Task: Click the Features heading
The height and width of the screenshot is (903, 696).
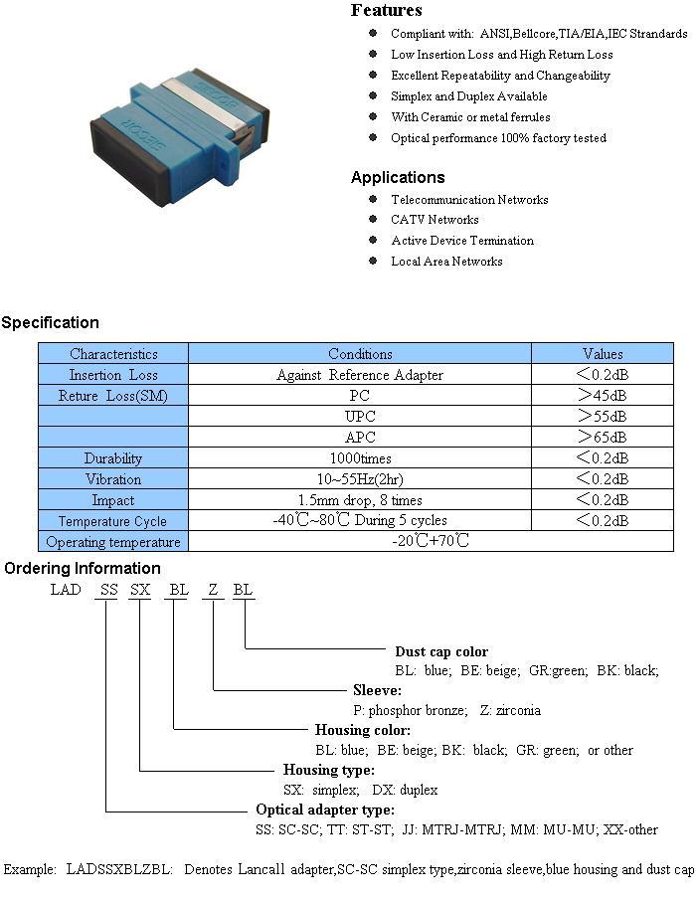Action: point(387,10)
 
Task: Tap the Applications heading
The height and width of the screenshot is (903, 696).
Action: point(398,177)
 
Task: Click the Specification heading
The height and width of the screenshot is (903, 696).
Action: point(50,322)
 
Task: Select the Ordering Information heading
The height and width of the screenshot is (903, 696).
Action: point(83,569)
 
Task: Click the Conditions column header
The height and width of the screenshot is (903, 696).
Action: point(360,354)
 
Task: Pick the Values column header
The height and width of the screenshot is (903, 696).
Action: point(603,354)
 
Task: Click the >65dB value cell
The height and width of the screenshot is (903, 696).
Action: point(603,438)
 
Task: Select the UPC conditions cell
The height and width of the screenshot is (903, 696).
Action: point(360,417)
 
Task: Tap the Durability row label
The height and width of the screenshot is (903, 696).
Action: point(112,458)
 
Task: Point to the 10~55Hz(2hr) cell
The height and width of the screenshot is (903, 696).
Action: point(360,479)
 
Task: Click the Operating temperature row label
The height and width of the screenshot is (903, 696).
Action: point(112,542)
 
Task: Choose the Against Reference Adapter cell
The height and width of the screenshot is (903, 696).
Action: point(360,375)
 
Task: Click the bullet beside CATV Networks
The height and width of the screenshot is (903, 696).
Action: point(373,219)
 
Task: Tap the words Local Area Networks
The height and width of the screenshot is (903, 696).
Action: point(446,262)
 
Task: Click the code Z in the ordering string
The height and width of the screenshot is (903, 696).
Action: point(213,590)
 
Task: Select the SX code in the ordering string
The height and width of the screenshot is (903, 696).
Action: point(140,590)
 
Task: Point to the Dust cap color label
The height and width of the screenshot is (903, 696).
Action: point(441,651)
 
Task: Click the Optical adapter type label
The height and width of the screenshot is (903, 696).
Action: point(325,810)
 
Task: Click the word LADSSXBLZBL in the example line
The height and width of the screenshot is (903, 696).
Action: point(119,869)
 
